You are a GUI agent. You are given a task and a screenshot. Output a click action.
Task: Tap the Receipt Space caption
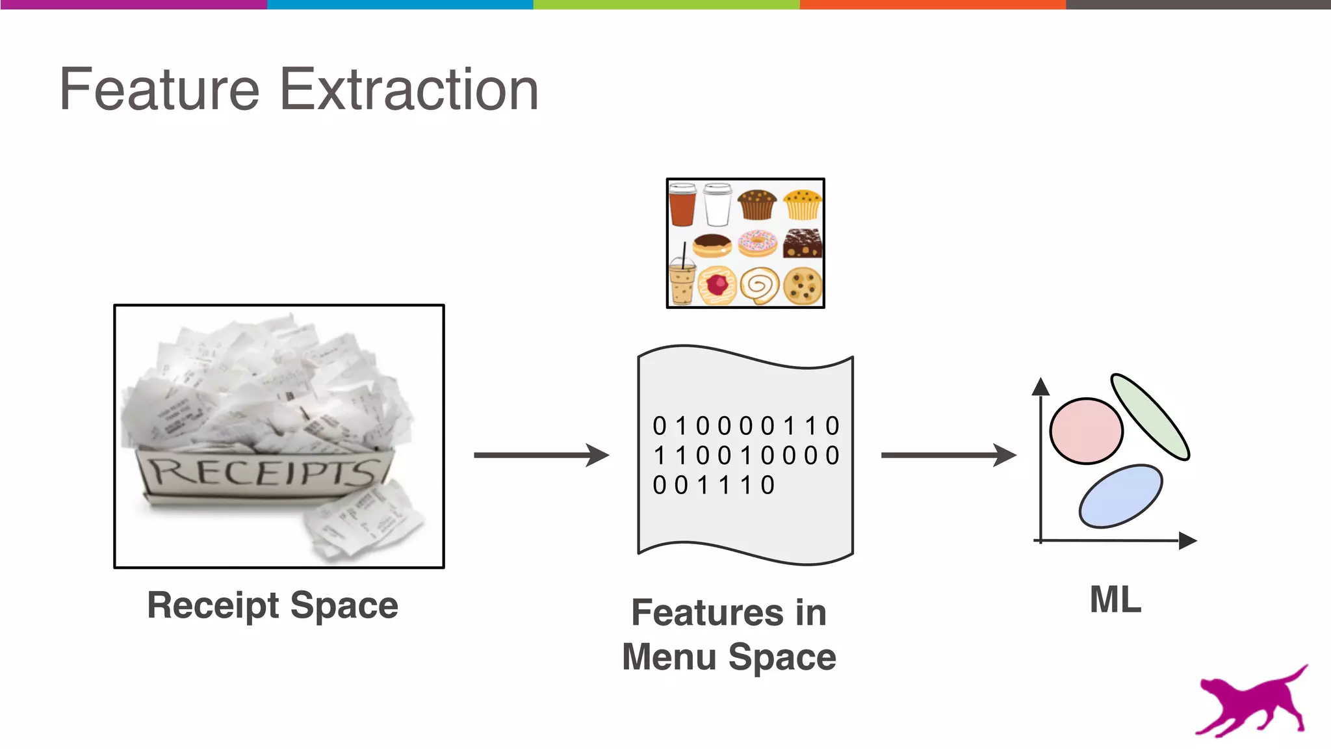coord(272,605)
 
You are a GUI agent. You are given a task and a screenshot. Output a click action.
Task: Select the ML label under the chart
coord(1115,599)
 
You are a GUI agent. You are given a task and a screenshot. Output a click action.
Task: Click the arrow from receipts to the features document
coord(541,455)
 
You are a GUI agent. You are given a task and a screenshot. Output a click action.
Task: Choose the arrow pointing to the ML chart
coord(948,455)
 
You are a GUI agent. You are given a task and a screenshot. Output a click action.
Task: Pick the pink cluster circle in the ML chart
coord(1086,431)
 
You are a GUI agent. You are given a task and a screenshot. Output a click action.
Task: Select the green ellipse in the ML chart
coord(1150,417)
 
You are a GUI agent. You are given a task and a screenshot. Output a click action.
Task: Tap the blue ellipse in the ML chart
coord(1120,495)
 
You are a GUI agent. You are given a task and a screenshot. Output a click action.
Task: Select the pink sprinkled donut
coord(757,244)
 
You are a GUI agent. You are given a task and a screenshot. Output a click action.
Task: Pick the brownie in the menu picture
coord(803,243)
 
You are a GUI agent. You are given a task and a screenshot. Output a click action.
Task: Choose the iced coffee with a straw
coord(682,283)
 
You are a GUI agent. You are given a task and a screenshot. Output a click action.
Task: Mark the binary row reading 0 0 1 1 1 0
coord(714,485)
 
